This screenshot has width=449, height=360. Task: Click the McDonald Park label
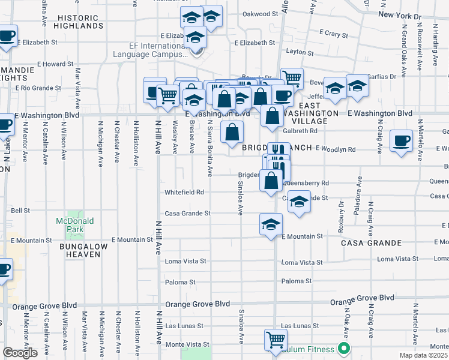click(x=75, y=224)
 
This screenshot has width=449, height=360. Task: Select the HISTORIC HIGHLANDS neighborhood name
click(x=78, y=22)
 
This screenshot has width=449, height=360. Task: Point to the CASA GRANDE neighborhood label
click(x=371, y=243)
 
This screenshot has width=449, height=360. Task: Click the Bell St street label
click(x=20, y=211)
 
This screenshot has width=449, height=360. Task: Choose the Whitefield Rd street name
click(x=184, y=193)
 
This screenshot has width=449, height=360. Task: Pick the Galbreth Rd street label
click(x=300, y=131)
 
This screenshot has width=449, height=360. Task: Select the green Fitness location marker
click(x=344, y=348)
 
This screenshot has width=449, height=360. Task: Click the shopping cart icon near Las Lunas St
click(x=276, y=340)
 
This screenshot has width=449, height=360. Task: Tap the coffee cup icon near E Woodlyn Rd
click(x=401, y=141)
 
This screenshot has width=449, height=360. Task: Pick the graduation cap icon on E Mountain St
click(x=271, y=224)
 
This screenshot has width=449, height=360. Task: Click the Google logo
click(x=20, y=353)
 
